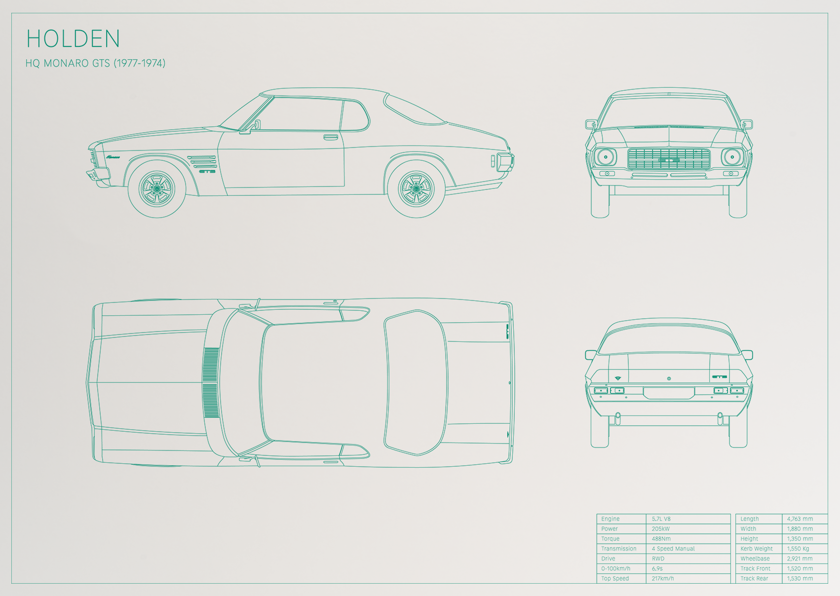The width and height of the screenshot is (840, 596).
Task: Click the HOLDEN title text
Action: pos(73,38)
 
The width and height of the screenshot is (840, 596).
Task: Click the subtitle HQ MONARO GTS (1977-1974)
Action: pos(95,63)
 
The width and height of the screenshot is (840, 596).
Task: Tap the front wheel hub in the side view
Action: pos(157,188)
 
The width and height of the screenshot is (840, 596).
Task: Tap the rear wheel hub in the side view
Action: pos(416,188)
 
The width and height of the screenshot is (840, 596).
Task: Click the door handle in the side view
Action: pos(330,137)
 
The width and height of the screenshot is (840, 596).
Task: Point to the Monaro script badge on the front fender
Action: pos(113,157)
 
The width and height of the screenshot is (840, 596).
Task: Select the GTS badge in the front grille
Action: pos(669,160)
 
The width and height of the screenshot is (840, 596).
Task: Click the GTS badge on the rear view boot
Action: pos(719,377)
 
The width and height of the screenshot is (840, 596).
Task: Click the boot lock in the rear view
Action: pos(669,378)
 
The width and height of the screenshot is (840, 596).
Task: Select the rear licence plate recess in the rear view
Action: pos(669,393)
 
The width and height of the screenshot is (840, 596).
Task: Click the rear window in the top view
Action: pos(416,383)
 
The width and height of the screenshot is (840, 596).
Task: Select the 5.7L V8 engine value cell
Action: pos(661,519)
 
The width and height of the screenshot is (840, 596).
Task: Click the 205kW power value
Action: pos(661,529)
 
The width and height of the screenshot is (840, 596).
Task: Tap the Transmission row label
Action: pos(619,549)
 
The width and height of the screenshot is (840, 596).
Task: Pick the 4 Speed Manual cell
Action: pos(673,549)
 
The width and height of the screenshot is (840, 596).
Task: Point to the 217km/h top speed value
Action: pos(663,578)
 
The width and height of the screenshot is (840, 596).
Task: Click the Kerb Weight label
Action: pos(757,549)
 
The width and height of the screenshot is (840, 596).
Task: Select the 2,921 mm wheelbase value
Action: pos(800,559)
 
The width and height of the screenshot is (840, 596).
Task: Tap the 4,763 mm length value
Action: pos(800,519)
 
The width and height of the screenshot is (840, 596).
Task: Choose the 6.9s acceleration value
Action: pos(657,569)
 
